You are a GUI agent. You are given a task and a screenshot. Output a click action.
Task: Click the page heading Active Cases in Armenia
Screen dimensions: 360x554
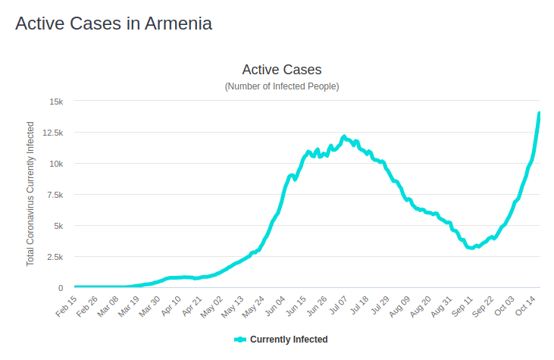[114, 23]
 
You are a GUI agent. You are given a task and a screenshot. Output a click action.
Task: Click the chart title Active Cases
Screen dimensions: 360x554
[282, 70]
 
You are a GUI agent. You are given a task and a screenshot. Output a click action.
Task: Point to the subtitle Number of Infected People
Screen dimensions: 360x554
[282, 86]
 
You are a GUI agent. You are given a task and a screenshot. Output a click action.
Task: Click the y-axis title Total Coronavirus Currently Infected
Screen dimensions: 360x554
[31, 193]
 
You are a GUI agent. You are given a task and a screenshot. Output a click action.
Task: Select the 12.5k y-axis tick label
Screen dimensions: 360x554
[53, 133]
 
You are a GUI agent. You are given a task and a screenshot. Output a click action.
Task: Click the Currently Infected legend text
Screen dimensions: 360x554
[289, 340]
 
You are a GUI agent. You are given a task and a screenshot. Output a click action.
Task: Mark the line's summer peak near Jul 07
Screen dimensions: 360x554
[344, 137]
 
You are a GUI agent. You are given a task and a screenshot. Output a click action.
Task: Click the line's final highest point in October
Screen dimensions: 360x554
[539, 114]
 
